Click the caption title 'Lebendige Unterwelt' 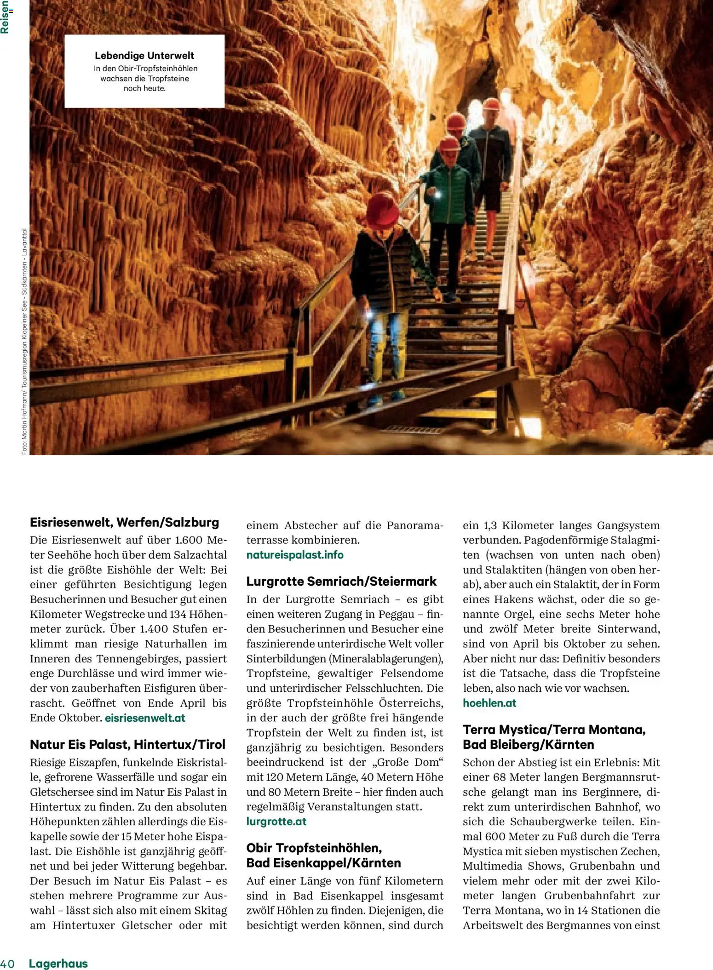144,56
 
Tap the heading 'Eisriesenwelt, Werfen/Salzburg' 124,522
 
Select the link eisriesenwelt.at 145,718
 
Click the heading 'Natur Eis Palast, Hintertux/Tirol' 127,744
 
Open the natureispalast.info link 295,555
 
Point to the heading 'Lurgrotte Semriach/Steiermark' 341,582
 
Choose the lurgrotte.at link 276,822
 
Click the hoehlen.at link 489,703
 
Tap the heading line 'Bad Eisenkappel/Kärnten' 323,863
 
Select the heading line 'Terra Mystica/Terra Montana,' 554,730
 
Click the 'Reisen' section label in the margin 5,17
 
